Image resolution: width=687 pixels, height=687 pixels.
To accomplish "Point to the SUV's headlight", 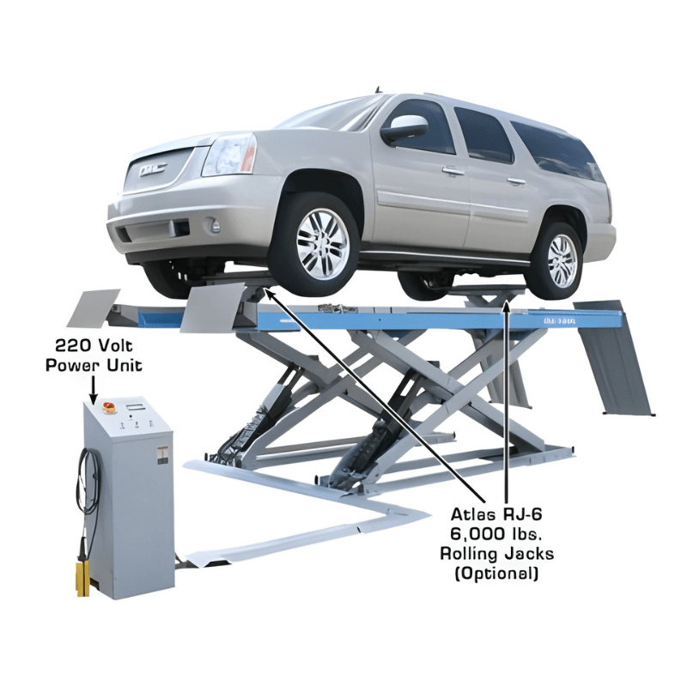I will tap(228, 155).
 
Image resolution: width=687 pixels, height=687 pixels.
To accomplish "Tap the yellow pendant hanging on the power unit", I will tap(83, 574).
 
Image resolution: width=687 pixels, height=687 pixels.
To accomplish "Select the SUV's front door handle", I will tap(453, 172).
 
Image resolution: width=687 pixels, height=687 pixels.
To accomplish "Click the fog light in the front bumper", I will tap(215, 226).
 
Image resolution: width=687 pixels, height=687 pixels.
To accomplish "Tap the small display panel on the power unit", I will tap(136, 402).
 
